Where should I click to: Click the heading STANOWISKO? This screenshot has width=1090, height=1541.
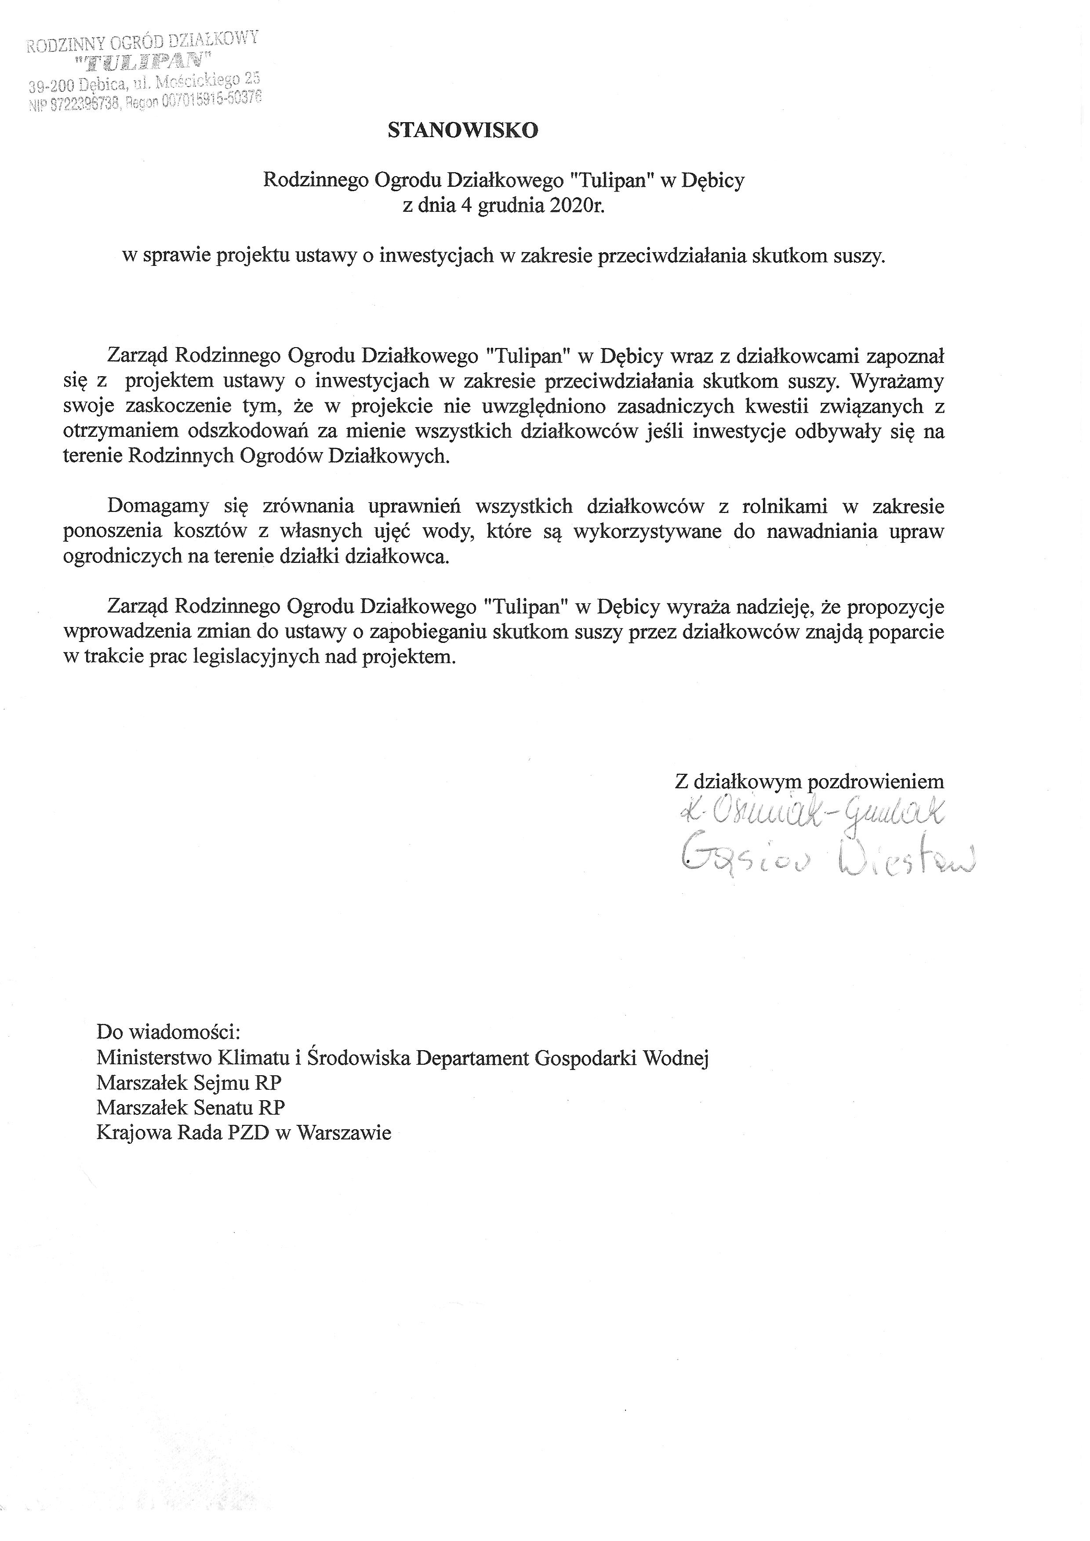[463, 131]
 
